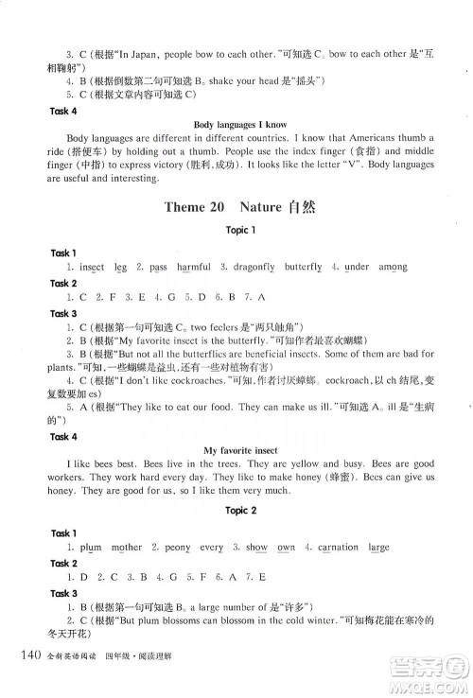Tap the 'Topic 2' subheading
coord(236,511)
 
